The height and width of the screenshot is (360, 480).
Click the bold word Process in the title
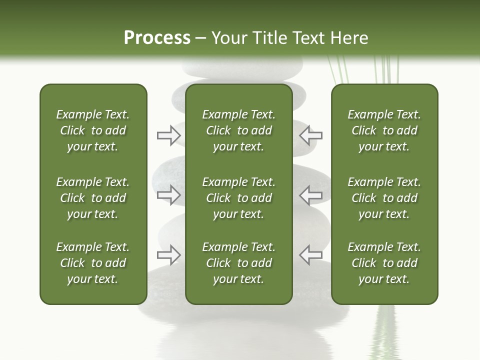coord(157,37)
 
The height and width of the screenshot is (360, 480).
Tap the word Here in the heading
coord(348,37)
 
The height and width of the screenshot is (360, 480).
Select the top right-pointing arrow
coord(168,135)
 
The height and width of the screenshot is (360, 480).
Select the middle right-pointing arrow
coord(168,195)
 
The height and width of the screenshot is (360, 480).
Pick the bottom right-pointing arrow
coord(168,255)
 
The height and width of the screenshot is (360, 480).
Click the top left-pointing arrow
coord(311,135)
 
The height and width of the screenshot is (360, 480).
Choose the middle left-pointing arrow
coord(311,195)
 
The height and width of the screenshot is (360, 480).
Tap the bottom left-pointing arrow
coord(311,255)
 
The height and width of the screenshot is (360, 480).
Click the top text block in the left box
coord(93,130)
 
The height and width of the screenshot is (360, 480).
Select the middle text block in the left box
coord(93,198)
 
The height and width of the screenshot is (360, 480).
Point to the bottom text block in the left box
coord(93,263)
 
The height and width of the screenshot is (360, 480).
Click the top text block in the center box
coord(239,130)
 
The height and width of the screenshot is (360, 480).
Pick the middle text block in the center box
coord(239,198)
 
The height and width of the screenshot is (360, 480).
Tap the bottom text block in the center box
coord(239,263)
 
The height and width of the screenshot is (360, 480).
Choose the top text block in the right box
coord(384,130)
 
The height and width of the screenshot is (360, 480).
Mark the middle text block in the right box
coord(384,198)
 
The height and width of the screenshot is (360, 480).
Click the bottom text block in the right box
coord(384,263)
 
